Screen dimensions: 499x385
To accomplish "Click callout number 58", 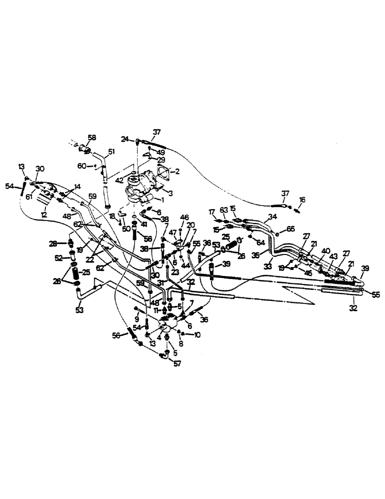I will (x=92, y=137).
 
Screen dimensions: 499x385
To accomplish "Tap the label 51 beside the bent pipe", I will (x=111, y=152).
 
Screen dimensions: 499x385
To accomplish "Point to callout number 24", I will (x=125, y=139).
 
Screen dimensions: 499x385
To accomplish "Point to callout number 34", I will (x=272, y=217).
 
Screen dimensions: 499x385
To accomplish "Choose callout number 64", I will (x=260, y=243).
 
